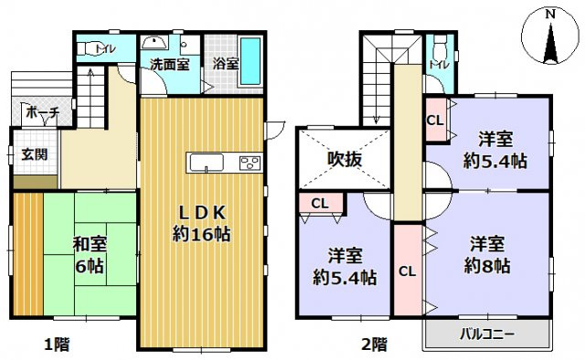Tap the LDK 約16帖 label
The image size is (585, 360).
[201, 222]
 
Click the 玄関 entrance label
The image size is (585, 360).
[35, 154]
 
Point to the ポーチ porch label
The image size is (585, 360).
[43, 112]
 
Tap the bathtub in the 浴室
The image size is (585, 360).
[250, 59]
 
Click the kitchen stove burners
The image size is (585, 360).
[250, 164]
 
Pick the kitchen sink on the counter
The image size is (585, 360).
[206, 164]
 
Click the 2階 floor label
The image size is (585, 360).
[372, 345]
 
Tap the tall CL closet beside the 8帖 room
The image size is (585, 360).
[408, 270]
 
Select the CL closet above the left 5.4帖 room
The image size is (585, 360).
[320, 203]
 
